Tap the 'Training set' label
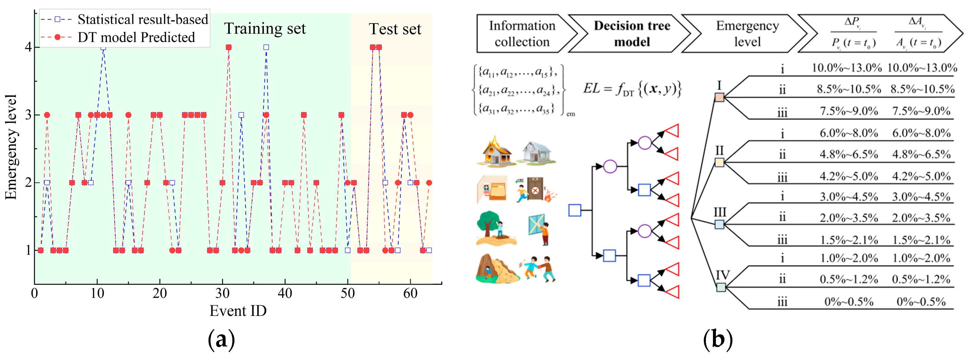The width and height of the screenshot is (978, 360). [x=265, y=29]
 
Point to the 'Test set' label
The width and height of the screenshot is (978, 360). [x=395, y=29]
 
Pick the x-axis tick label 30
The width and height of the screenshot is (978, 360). [x=222, y=293]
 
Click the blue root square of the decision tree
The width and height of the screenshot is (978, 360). [x=575, y=210]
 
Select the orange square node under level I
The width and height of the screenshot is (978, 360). [x=719, y=97]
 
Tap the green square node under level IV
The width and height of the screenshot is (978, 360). [x=721, y=287]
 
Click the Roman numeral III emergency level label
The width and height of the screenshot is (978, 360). [x=720, y=212]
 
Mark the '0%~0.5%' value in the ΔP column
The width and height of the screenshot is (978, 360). [x=848, y=302]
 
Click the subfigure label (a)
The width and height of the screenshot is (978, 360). [x=221, y=339]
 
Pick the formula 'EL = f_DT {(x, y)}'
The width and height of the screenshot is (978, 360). [x=632, y=89]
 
